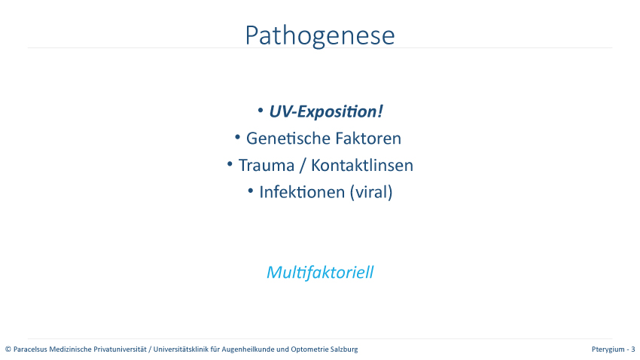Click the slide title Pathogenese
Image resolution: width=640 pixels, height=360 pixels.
pyautogui.click(x=320, y=36)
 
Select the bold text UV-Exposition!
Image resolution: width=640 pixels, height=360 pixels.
pyautogui.click(x=326, y=111)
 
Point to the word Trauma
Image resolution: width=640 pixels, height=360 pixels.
pyautogui.click(x=266, y=165)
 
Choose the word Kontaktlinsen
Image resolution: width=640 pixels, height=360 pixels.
pyautogui.click(x=362, y=165)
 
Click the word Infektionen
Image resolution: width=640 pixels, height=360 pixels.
pyautogui.click(x=302, y=192)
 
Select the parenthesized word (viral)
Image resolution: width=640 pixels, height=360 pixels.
pyautogui.click(x=371, y=192)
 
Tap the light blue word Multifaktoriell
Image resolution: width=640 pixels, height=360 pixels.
pyautogui.click(x=320, y=272)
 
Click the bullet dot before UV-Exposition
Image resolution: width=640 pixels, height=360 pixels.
pyautogui.click(x=261, y=110)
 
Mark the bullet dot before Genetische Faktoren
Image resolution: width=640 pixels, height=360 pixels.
pyautogui.click(x=237, y=137)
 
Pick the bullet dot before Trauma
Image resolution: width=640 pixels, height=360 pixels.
pyautogui.click(x=230, y=164)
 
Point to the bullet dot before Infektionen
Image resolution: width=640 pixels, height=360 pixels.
pyautogui.click(x=251, y=191)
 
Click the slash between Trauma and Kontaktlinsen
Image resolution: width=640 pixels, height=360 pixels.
pyautogui.click(x=303, y=166)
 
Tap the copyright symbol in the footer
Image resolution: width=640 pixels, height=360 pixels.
pyautogui.click(x=8, y=349)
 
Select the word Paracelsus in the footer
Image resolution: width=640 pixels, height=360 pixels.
pyautogui.click(x=30, y=349)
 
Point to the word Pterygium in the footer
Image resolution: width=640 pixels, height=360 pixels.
pyautogui.click(x=608, y=349)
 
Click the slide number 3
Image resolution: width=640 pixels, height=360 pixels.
pyautogui.click(x=633, y=349)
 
